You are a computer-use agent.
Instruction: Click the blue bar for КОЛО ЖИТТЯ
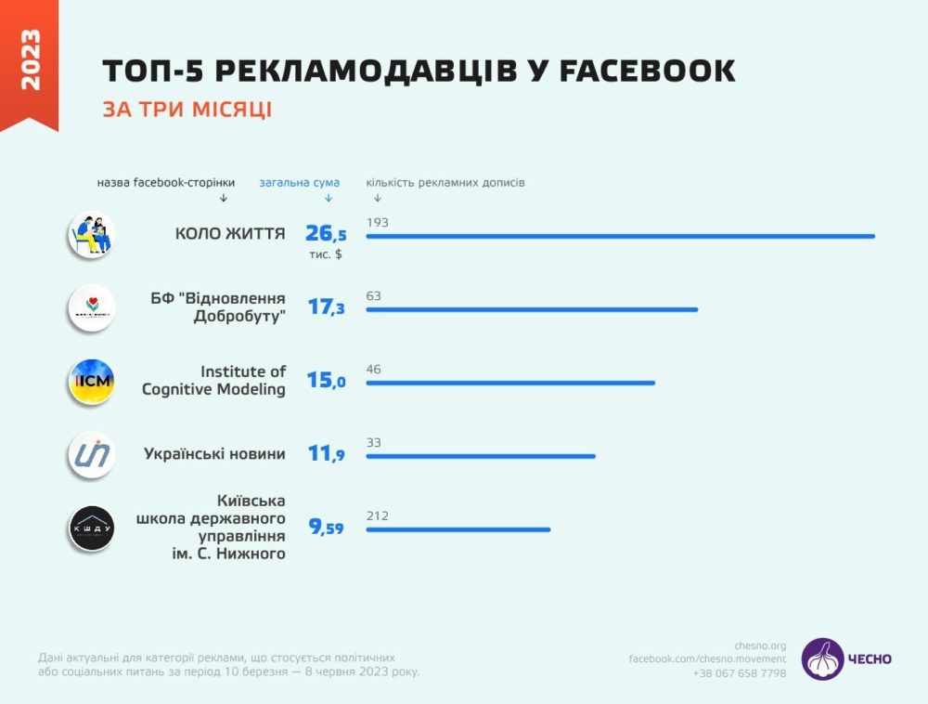[620, 236]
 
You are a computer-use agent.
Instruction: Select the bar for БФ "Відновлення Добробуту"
[532, 309]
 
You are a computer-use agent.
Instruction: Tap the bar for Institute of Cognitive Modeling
[510, 383]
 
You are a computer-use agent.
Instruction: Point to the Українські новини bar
[481, 456]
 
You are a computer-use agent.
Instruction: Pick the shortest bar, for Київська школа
[458, 529]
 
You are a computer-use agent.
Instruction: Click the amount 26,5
[326, 234]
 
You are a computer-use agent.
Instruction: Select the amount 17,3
[326, 307]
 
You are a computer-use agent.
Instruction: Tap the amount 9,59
[326, 528]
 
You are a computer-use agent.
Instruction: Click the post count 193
[377, 223]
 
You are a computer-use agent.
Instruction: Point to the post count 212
[377, 516]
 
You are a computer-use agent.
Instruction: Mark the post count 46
[374, 370]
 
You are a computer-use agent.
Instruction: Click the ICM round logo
[91, 381]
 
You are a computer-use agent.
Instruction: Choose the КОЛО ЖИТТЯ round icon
[91, 235]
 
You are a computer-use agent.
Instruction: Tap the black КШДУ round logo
[91, 528]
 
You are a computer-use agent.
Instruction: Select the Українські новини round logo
[91, 455]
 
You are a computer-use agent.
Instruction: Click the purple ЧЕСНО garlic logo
[823, 658]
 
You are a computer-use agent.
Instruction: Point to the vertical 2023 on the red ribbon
[30, 60]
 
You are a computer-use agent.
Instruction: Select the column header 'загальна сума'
[299, 183]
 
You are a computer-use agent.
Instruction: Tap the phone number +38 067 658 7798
[739, 673]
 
